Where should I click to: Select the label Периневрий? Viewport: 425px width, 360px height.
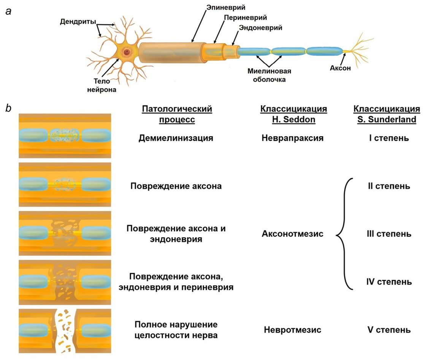click(x=245, y=17)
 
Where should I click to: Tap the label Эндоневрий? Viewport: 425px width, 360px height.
click(x=261, y=28)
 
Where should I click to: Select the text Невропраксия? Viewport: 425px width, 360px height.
click(x=292, y=138)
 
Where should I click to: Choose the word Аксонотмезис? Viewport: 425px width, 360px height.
click(x=292, y=234)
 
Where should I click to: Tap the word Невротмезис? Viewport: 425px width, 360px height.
click(x=292, y=330)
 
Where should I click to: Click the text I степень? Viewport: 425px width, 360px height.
click(x=386, y=138)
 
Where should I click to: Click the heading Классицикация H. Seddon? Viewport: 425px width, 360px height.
click(x=293, y=114)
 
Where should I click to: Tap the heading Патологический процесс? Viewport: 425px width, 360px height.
click(x=177, y=114)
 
